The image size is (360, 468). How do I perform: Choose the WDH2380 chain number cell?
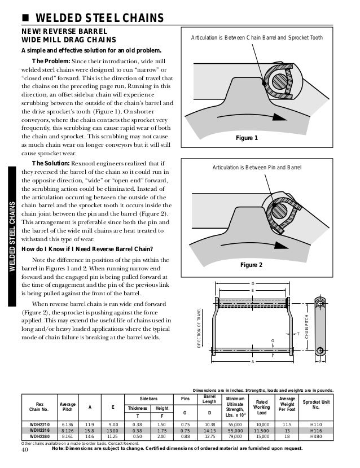[39, 436]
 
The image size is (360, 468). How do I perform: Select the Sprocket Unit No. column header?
[317, 406]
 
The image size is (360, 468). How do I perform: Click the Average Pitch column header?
[67, 406]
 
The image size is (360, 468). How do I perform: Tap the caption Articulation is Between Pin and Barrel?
[257, 168]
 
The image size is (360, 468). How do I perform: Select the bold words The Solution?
[51, 163]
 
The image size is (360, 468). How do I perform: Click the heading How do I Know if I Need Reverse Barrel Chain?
[91, 250]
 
